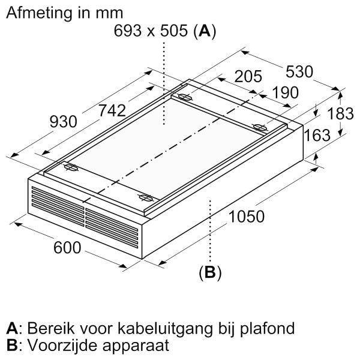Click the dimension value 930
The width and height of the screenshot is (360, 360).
coord(64,122)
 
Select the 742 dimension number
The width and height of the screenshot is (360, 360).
coord(112,110)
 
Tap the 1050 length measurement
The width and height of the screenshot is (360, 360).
coord(247,217)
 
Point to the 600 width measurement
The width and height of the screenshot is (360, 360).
coord(67,247)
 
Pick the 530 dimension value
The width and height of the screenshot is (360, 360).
coord(299,71)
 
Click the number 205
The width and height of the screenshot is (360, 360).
coord(248,76)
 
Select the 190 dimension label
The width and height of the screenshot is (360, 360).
coord(286,92)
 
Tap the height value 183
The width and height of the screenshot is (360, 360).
coord(340,113)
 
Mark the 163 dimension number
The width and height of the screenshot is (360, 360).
coord(317,135)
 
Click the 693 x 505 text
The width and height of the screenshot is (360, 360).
coord(151,31)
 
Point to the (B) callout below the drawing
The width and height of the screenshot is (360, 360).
coord(210,272)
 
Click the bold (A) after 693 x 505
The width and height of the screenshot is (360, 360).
coord(205,31)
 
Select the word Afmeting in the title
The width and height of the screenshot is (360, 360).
coord(39,13)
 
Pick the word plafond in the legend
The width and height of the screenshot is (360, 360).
coord(267,329)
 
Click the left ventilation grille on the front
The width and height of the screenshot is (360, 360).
coord(58,206)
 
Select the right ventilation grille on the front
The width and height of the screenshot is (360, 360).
coord(112,228)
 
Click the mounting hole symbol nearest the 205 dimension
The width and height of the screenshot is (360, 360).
coord(185,97)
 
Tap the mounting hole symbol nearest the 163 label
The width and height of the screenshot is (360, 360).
coord(259,127)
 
